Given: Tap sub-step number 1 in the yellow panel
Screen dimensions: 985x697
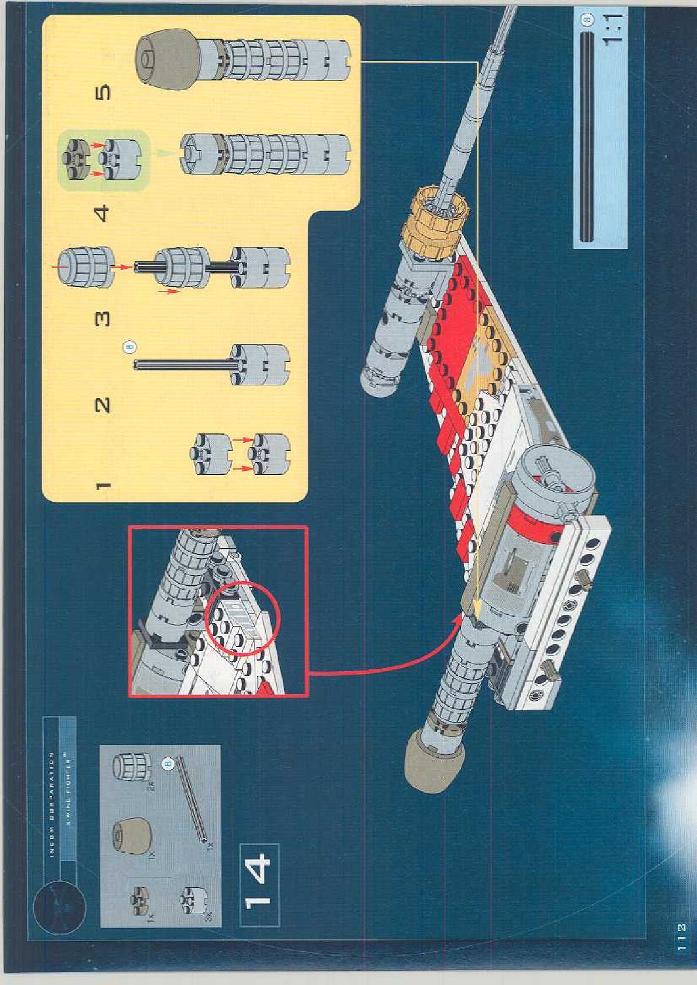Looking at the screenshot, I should click(x=102, y=485).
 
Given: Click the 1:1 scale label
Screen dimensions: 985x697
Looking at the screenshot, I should click(x=612, y=29).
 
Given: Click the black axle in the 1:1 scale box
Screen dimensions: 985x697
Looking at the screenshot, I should click(x=585, y=137).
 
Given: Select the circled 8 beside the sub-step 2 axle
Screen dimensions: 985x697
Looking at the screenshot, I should click(x=129, y=347).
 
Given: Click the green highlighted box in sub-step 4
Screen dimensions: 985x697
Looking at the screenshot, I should click(x=103, y=160).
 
